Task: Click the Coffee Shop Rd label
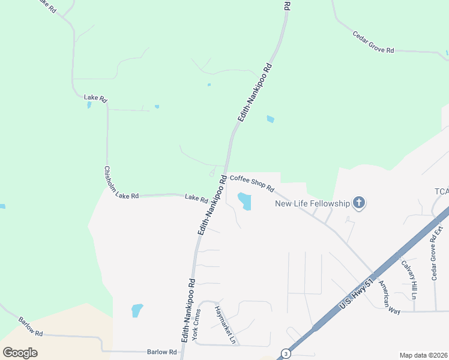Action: (252, 182)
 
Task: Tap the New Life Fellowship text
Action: (312, 203)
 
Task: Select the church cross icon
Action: (359, 203)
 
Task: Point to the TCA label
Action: (441, 191)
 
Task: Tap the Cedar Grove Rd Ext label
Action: (438, 253)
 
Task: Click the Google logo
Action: (20, 353)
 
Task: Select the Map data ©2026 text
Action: (423, 355)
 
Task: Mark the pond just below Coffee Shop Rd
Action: (244, 200)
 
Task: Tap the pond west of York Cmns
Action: (137, 310)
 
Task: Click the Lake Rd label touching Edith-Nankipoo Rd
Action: (196, 197)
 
